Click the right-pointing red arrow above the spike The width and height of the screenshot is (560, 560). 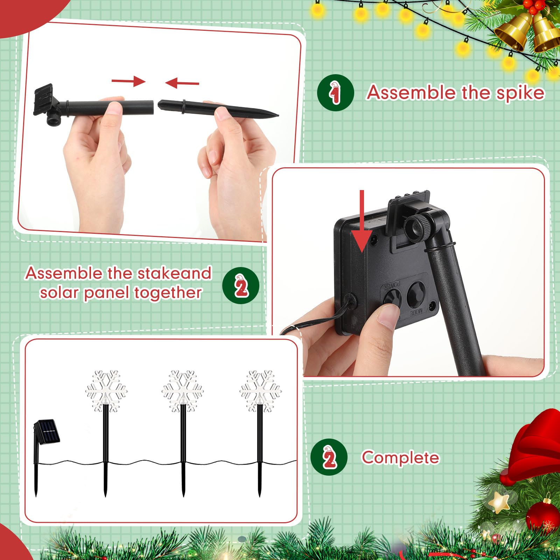tap(128, 81)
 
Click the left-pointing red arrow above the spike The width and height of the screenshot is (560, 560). tap(182, 83)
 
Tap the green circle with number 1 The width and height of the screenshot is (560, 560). tap(335, 93)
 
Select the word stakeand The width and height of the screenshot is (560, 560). tap(174, 273)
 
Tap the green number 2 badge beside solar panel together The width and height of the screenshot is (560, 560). tap(241, 286)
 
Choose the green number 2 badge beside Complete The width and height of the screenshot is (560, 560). tap(329, 457)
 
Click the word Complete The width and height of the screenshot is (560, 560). tap(400, 458)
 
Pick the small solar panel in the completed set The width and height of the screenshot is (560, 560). tap(47, 432)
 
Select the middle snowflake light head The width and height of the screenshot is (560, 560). tap(182, 391)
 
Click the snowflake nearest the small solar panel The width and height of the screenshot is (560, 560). tap(106, 391)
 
